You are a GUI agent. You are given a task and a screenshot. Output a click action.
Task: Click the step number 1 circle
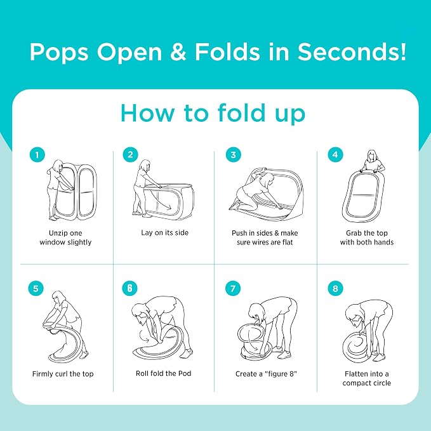click(37, 155)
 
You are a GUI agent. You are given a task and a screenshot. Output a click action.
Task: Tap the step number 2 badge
click(130, 154)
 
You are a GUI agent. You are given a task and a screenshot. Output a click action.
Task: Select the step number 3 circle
click(234, 155)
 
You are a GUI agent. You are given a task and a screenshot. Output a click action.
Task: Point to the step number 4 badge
click(335, 154)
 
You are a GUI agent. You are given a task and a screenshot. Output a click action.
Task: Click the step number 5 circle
click(36, 289)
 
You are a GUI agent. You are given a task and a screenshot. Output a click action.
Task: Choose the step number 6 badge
click(129, 288)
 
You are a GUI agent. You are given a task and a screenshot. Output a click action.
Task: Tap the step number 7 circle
click(233, 289)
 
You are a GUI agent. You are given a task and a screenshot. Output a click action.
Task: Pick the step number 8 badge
click(335, 289)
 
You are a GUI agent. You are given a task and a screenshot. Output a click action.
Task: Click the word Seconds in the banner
click(352, 51)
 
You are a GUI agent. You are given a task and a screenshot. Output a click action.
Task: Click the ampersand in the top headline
click(178, 51)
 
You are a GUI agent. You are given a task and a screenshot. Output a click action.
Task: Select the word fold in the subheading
click(242, 113)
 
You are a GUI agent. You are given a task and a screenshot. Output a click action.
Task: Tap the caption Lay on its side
click(164, 233)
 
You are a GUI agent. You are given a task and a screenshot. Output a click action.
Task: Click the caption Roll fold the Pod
click(164, 373)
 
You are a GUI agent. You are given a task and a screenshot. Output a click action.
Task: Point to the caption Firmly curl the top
click(63, 374)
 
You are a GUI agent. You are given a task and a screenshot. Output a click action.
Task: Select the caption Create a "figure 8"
click(266, 374)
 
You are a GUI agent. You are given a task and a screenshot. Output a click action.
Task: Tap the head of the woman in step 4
click(371, 156)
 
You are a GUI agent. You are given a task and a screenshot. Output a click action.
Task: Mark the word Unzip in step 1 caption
click(57, 234)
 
